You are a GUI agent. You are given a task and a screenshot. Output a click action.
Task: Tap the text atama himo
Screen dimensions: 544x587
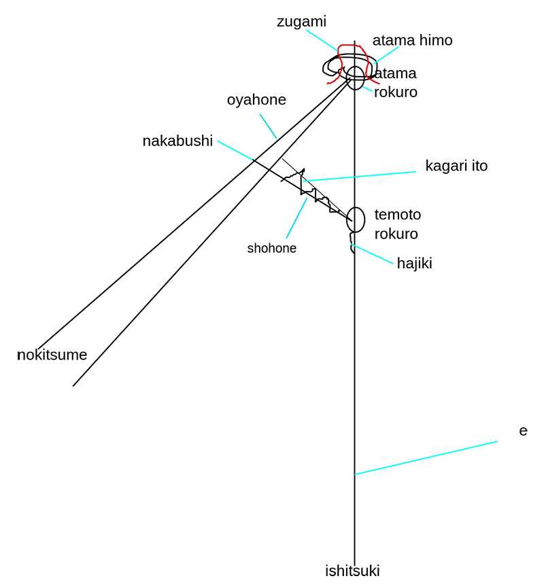pyautogui.click(x=413, y=41)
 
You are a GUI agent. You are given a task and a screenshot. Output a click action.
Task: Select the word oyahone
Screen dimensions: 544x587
pyautogui.click(x=256, y=100)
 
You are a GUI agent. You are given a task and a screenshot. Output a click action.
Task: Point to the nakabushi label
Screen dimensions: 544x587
pyautogui.click(x=177, y=141)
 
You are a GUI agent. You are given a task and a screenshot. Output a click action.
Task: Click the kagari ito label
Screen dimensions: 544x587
pyautogui.click(x=456, y=166)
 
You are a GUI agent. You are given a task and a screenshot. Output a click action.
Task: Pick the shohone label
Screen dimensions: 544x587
pyautogui.click(x=271, y=248)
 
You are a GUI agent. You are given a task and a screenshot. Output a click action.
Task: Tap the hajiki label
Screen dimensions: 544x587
pyautogui.click(x=414, y=263)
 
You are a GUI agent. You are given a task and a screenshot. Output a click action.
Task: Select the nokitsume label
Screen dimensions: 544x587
pyautogui.click(x=52, y=355)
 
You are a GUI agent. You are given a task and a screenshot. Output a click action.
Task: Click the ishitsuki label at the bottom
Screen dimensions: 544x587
pyautogui.click(x=352, y=571)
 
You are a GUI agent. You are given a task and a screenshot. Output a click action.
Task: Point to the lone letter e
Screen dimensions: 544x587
pyautogui.click(x=523, y=431)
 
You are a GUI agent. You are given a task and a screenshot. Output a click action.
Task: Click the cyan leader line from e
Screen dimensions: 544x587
pyautogui.click(x=426, y=458)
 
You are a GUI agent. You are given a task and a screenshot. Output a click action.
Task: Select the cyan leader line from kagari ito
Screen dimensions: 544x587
pyautogui.click(x=360, y=177)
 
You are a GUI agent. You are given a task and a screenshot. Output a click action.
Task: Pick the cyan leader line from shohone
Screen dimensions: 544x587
pyautogui.click(x=296, y=218)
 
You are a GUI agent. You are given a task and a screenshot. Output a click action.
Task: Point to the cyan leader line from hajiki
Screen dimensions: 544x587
pyautogui.click(x=372, y=254)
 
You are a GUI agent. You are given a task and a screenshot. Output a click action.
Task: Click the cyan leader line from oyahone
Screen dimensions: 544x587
pyautogui.click(x=268, y=126)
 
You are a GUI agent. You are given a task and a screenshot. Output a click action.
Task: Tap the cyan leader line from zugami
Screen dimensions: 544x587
pyautogui.click(x=322, y=40)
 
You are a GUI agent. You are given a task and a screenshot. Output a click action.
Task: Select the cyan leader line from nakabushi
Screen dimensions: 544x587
pyautogui.click(x=236, y=151)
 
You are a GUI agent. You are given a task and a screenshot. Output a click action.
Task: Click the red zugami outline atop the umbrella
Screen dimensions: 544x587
pyautogui.click(x=339, y=60)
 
